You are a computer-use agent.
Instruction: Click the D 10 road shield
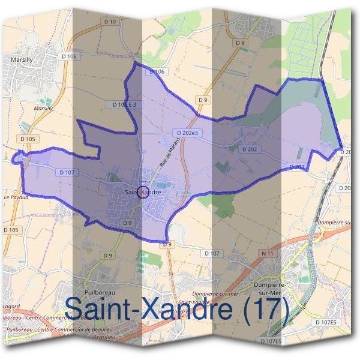[x=113, y=38]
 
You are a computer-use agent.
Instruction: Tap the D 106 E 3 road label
[x=125, y=104]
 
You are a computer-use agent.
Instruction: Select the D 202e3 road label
[x=187, y=132]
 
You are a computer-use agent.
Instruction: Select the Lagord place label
[x=10, y=306]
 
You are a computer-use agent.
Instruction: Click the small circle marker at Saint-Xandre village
[x=142, y=192]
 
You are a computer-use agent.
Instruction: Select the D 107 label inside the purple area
[x=66, y=172]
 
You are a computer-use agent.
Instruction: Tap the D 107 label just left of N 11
[x=212, y=254]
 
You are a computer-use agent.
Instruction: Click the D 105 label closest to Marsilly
[x=28, y=139]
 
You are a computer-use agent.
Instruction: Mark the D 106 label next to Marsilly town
[x=70, y=56]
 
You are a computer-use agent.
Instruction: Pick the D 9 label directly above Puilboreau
[x=107, y=256]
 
